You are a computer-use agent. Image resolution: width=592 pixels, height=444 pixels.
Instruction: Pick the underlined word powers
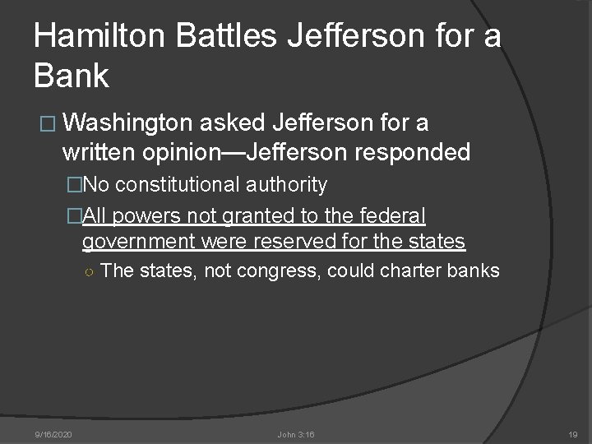[142, 216]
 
